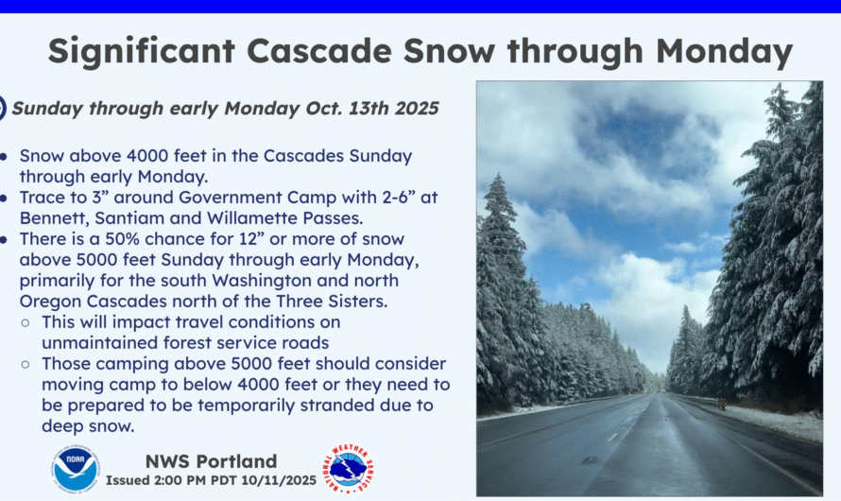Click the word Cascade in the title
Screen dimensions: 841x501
[x=318, y=51]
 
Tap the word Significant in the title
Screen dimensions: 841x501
[x=142, y=52]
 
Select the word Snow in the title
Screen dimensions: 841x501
[x=449, y=51]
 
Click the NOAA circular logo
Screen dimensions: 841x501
[x=77, y=469]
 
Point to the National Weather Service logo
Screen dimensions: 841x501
[x=348, y=469]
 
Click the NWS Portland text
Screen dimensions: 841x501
[x=212, y=461]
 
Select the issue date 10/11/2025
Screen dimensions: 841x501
[x=279, y=480]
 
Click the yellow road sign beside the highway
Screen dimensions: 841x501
[x=721, y=403]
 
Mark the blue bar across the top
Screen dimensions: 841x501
[x=420, y=7]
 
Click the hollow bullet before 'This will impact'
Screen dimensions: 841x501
[x=26, y=323]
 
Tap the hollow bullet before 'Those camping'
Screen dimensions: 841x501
[x=26, y=364]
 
